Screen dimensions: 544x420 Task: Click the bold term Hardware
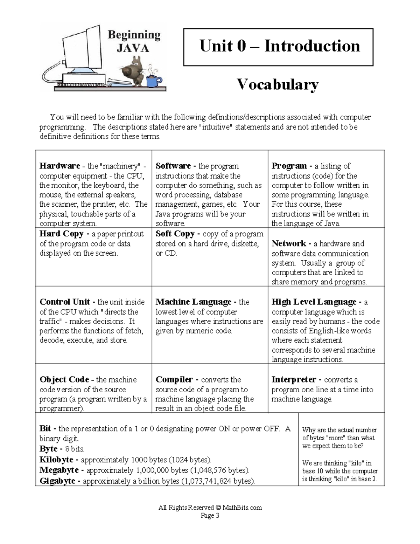[59, 166]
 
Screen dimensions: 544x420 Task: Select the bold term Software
[173, 166]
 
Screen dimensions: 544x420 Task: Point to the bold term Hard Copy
[61, 234]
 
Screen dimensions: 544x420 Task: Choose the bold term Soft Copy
[175, 234]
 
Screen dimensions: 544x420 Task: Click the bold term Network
[289, 243]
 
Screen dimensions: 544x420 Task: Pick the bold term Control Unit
[65, 302]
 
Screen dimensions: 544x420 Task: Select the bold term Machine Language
[194, 302]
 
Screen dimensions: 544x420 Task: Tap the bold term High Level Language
[314, 302]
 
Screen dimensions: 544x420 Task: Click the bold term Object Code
[64, 380]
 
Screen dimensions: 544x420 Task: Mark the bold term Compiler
[174, 380]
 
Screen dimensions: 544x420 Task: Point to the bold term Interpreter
[294, 380]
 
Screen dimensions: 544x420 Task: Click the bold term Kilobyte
[56, 460]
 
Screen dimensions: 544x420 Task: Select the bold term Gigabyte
[57, 481]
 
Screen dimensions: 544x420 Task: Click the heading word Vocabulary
[278, 84]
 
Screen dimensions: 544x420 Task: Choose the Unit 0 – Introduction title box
[278, 47]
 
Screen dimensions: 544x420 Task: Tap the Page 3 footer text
[210, 516]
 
